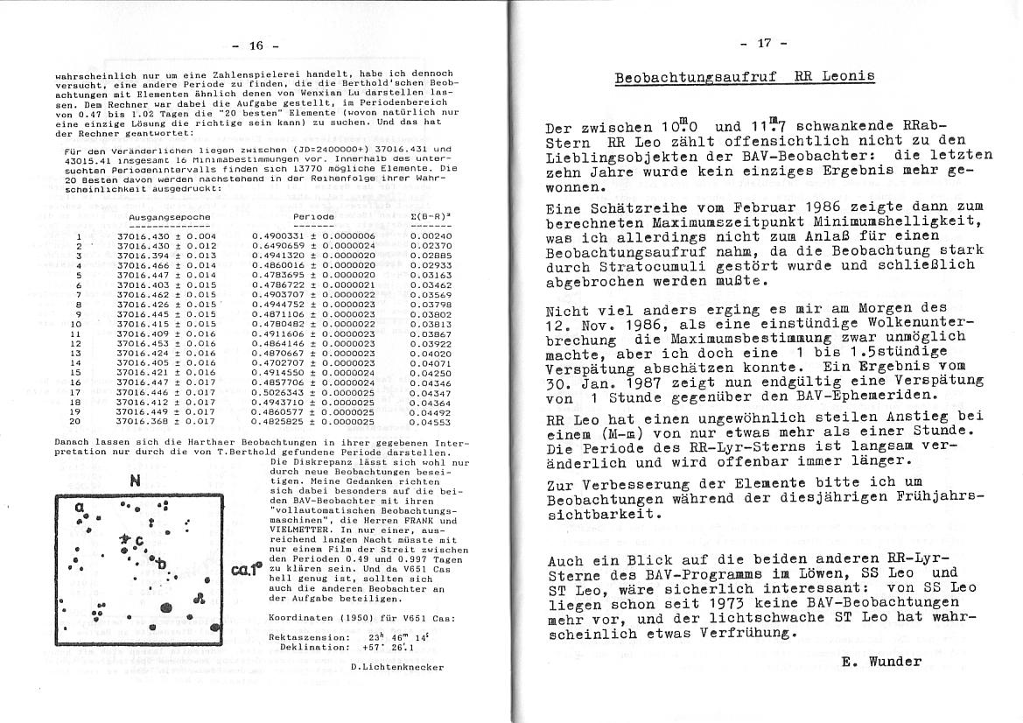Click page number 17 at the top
[763, 42]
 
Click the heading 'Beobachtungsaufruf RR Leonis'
[743, 77]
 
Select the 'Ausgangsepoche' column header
[169, 216]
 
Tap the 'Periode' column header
[313, 216]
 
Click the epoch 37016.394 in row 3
[142, 256]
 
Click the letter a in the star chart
[79, 508]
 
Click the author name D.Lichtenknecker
[396, 666]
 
